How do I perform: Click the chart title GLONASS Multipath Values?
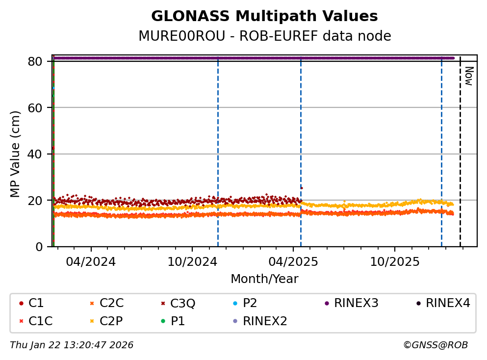point(264,17)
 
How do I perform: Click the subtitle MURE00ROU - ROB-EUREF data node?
point(264,36)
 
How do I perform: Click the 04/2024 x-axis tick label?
point(91,261)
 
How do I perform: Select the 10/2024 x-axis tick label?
point(192,261)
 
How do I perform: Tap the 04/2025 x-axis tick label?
point(293,261)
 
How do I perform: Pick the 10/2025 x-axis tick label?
point(394,261)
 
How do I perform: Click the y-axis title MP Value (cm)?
point(16,154)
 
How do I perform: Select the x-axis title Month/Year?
point(264,279)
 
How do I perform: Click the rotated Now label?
point(468,76)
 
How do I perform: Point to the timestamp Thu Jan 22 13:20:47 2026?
point(72,345)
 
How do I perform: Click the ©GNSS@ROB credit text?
point(436,345)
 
